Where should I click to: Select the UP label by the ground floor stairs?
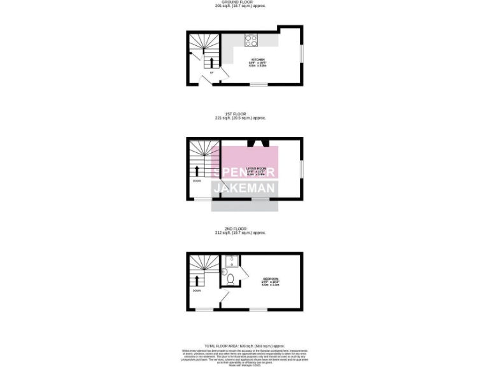click(x=211, y=73)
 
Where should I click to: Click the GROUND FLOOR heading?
click(x=244, y=2)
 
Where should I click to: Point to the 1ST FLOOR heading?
click(x=244, y=114)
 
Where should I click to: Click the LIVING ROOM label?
click(x=255, y=168)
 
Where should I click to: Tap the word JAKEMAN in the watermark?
click(x=244, y=188)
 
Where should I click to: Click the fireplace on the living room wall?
click(x=257, y=143)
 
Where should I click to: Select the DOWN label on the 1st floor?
click(x=197, y=181)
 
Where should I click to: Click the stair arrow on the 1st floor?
click(x=197, y=170)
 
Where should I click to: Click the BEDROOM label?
click(x=271, y=279)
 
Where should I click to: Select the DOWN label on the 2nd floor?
click(x=197, y=291)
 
